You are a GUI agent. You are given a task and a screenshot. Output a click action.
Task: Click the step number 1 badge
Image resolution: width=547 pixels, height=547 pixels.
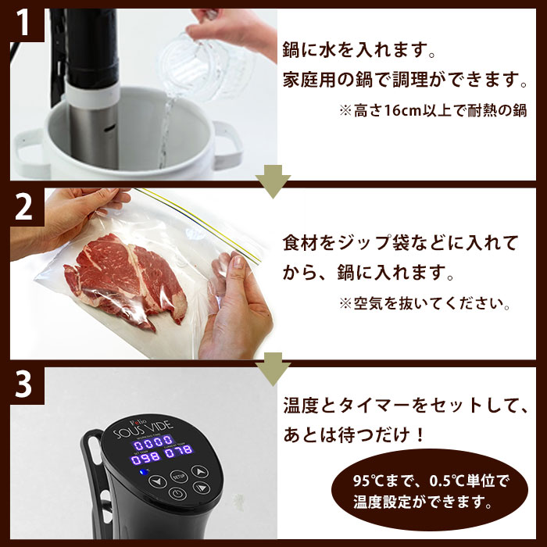pyautogui.click(x=24, y=26)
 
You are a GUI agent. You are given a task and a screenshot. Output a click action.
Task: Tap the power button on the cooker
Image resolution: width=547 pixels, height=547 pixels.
pyautogui.click(x=177, y=495)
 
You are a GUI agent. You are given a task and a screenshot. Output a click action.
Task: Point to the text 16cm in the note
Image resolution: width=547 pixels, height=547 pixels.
pyautogui.click(x=399, y=112)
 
